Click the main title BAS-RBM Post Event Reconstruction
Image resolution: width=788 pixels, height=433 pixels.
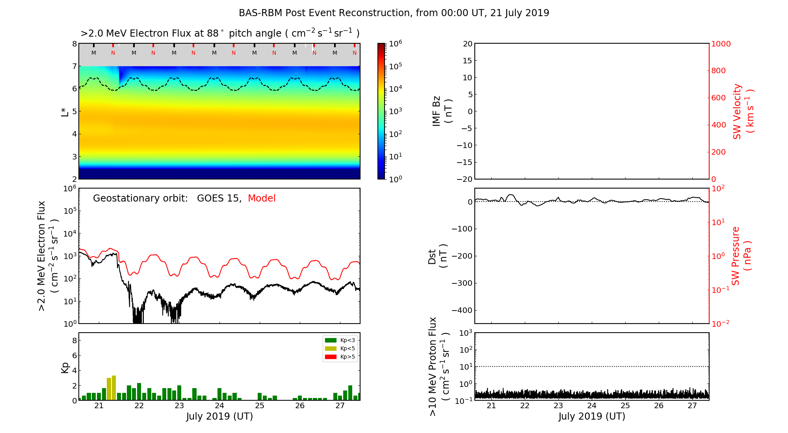tap(394, 13)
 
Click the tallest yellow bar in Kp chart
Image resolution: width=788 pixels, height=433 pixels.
tap(114, 388)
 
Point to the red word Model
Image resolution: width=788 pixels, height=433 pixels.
tap(262, 198)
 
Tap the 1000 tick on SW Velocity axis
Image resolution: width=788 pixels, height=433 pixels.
tap(721, 44)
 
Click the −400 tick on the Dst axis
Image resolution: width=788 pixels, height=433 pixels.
tap(461, 310)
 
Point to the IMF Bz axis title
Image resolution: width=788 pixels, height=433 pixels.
tap(442, 111)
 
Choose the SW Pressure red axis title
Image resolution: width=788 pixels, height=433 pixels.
tap(741, 256)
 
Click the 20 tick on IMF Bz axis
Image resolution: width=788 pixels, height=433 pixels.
tap(467, 44)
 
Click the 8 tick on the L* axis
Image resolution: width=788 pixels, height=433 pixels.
tap(74, 44)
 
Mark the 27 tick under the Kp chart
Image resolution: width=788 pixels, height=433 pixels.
tap(340, 406)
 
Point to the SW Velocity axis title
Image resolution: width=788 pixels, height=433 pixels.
tap(743, 111)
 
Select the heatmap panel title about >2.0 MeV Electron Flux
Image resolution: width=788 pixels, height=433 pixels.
tap(220, 33)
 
